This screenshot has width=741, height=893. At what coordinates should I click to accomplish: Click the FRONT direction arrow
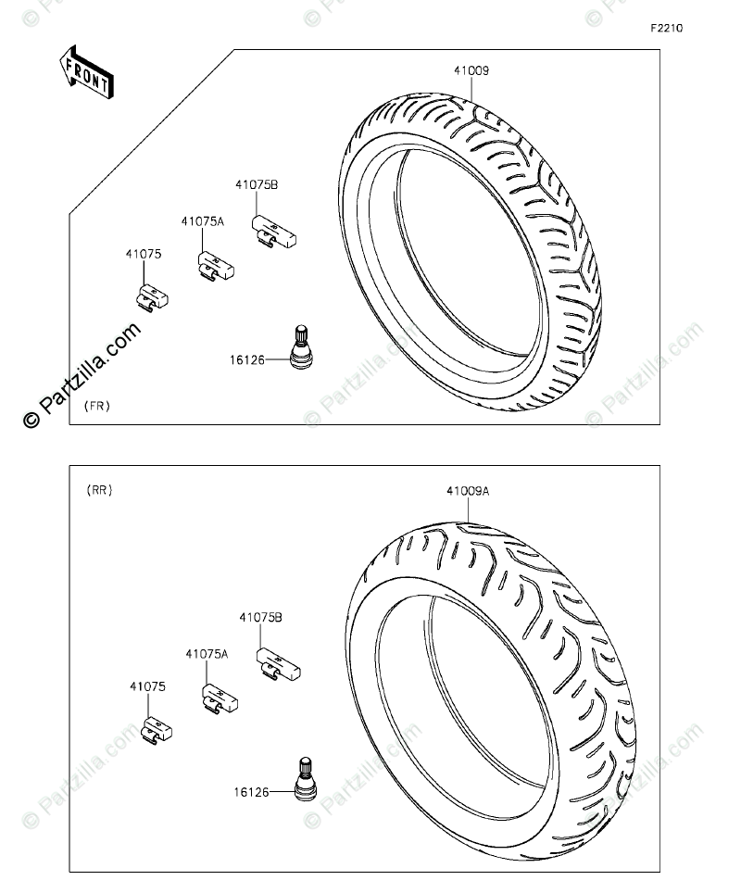point(87,73)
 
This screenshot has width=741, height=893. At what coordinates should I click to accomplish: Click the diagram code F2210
point(667,28)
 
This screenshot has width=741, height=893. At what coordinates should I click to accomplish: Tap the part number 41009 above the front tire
point(471,70)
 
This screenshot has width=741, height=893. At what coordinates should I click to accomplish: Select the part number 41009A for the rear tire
point(468,491)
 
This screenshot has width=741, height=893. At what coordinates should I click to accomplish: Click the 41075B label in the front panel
point(257,184)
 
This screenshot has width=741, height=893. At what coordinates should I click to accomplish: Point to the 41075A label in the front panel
point(203,221)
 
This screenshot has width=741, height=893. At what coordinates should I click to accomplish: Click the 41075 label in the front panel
point(144,254)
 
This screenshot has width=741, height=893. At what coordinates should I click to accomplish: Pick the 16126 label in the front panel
point(247,360)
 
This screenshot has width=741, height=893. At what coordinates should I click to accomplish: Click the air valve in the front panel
point(299,346)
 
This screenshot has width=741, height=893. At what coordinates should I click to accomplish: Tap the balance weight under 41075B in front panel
point(274,231)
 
